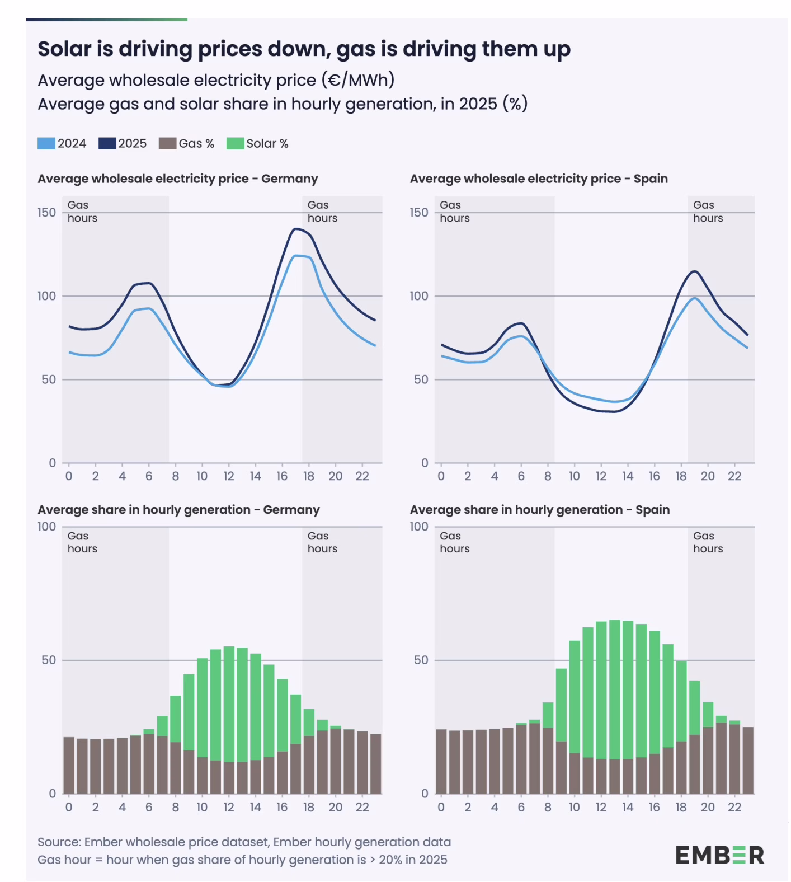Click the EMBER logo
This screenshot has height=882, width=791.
[719, 855]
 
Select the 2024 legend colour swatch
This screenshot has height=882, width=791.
[46, 143]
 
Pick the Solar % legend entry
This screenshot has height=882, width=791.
[257, 143]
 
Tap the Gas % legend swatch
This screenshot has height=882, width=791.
[167, 143]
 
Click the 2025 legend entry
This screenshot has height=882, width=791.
[123, 143]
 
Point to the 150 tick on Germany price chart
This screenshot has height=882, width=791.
[47, 213]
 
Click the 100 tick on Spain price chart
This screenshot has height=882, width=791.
[419, 296]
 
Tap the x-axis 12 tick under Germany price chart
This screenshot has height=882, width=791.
[229, 476]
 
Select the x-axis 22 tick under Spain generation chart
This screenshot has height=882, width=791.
[735, 807]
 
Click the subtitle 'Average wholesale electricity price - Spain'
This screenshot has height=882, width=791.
[539, 179]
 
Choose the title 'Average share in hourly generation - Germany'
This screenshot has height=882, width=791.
[178, 510]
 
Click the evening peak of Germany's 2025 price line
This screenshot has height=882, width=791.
[295, 228]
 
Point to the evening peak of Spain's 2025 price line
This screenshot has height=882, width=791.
[695, 271]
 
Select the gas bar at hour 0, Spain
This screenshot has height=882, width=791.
[441, 761]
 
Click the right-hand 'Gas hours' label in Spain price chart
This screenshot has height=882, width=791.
[708, 212]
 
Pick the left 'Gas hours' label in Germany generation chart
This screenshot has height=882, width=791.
[82, 542]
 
